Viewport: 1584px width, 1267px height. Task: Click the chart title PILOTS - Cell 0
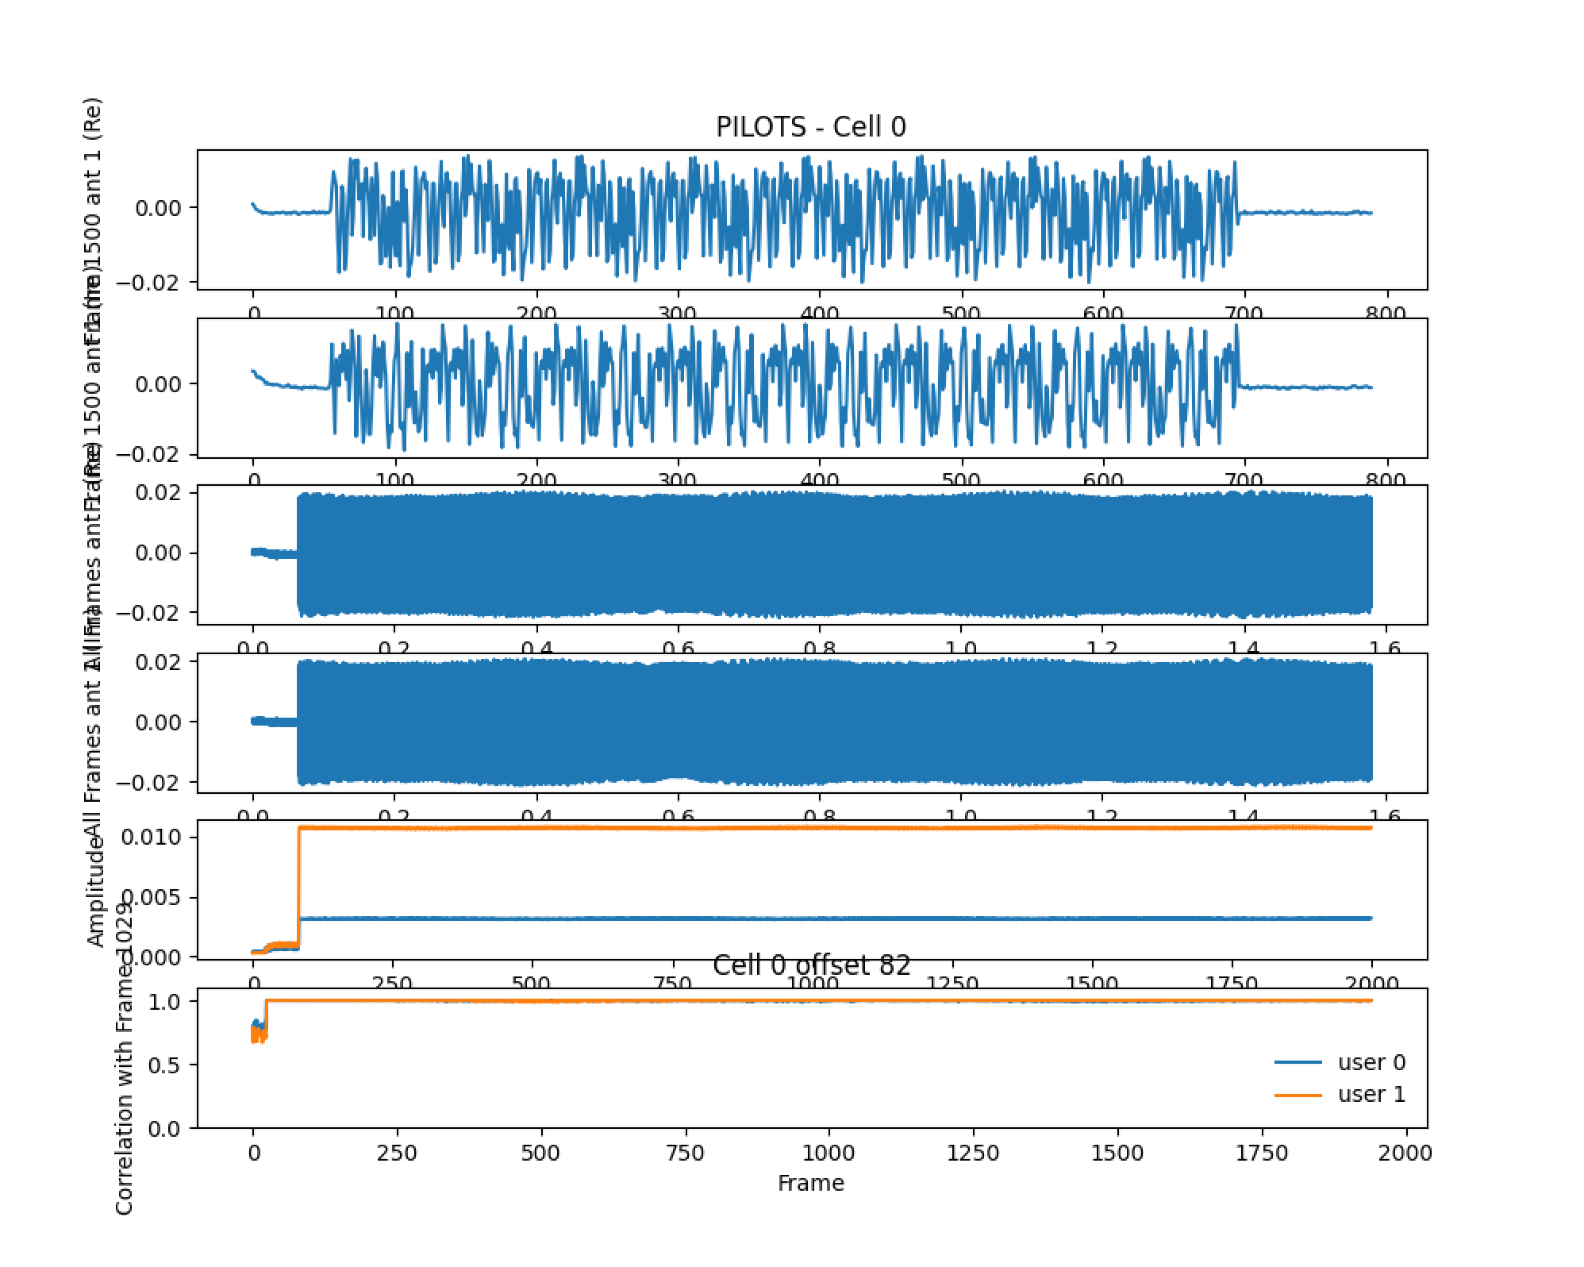pos(810,127)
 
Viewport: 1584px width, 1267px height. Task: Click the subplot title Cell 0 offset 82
pos(811,965)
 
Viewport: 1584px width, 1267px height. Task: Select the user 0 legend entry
pos(1371,1062)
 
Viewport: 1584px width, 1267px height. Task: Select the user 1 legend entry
pos(1371,1094)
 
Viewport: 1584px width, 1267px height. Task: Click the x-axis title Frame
pos(810,1183)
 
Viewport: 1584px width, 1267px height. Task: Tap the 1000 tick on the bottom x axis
pos(829,1153)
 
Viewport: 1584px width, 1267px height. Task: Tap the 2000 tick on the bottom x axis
pos(1405,1153)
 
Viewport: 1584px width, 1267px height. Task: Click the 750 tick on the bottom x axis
pos(685,1153)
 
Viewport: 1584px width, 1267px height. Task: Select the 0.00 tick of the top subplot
pos(159,208)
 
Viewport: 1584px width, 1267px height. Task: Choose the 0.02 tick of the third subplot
pos(159,492)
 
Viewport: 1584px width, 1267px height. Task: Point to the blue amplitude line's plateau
pos(794,918)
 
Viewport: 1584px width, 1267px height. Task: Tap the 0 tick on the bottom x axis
pos(254,1153)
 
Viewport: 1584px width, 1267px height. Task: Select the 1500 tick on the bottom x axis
pos(1117,1153)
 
